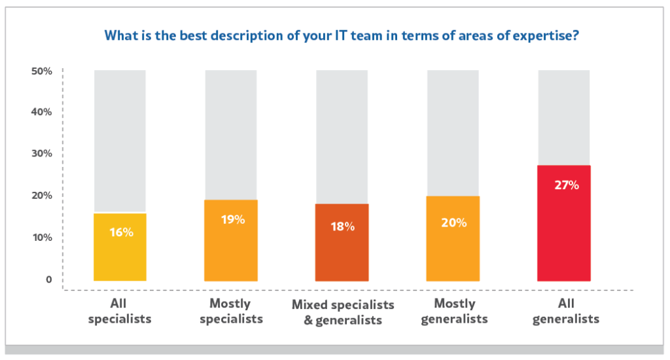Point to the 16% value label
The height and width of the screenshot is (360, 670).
tap(121, 232)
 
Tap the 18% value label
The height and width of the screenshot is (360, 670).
tap(342, 226)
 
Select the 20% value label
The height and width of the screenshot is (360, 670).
tap(453, 223)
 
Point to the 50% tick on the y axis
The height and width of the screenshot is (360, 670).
tap(41, 71)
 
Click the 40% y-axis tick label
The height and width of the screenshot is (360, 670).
tap(41, 112)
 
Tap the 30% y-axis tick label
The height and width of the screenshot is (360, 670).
tap(41, 154)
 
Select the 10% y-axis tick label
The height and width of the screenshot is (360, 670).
tap(41, 237)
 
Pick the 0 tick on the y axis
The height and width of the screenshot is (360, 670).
tap(48, 279)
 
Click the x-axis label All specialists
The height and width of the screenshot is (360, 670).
tap(120, 312)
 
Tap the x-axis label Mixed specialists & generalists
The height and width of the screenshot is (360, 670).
tap(343, 312)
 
